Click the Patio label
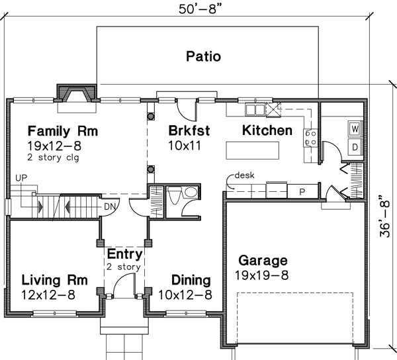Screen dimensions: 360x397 (x=203, y=56)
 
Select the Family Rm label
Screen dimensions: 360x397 (x=63, y=131)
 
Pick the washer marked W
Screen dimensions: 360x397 (x=355, y=128)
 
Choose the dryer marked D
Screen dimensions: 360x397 (x=355, y=145)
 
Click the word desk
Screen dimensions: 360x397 (x=244, y=177)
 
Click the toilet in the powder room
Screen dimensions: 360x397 (x=175, y=195)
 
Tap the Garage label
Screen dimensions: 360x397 (x=263, y=261)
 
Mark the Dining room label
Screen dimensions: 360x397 (x=191, y=280)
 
